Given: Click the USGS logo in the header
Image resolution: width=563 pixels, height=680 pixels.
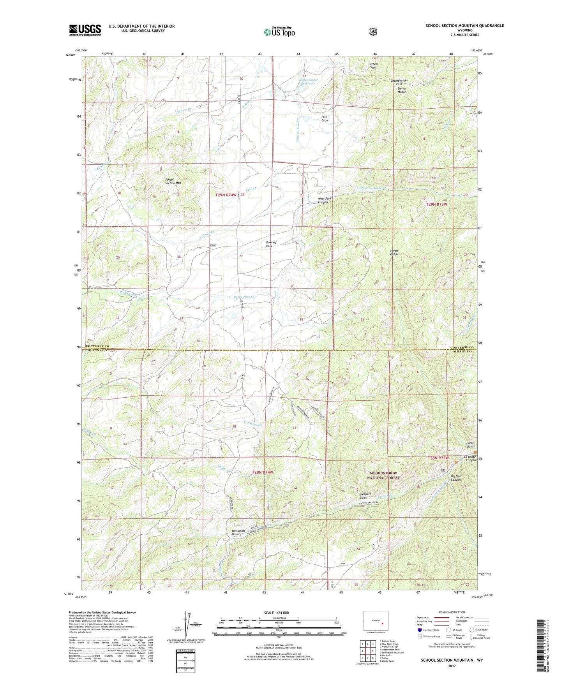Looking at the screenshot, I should tap(85, 30).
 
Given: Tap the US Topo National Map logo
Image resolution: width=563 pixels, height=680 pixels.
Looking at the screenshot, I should tap(279, 32).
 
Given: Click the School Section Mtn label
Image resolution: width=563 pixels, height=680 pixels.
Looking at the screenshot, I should tap(173, 181).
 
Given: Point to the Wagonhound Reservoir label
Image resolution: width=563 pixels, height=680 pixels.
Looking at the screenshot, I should tap(308, 82).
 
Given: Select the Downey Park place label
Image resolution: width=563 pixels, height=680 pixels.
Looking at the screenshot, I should tap(271, 244).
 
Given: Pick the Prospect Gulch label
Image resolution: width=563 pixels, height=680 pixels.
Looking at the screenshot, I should tap(365, 496).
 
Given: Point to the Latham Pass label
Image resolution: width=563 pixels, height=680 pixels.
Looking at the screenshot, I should tap(373, 66).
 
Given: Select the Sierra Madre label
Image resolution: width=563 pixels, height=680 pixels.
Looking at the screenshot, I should tap(402, 90).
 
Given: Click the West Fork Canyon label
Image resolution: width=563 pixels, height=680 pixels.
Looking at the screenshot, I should tap(325, 200).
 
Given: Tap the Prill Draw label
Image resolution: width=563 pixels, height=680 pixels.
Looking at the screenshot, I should tap(325, 118).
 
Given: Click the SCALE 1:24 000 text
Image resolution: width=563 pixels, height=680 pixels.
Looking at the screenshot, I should tap(276, 613).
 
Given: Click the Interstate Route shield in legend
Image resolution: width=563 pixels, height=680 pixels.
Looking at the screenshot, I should tap(419, 630).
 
